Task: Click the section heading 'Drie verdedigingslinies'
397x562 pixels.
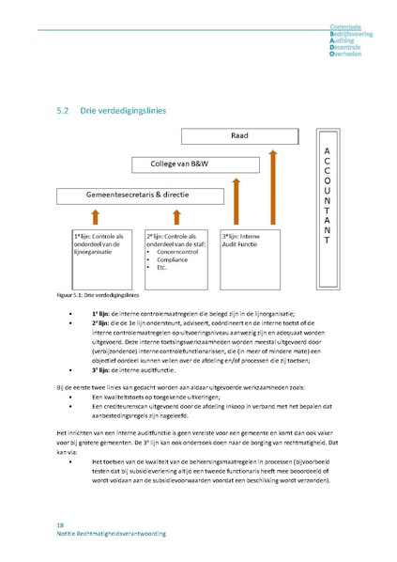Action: (x=124, y=110)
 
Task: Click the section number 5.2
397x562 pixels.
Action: (x=64, y=110)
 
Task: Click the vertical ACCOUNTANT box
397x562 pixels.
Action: (x=326, y=195)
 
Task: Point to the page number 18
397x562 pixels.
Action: (x=60, y=523)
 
